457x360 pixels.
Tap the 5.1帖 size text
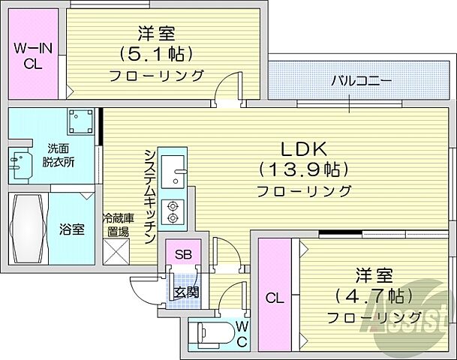click(157, 54)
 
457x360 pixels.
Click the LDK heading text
click(304, 147)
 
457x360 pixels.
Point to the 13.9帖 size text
click(304, 169)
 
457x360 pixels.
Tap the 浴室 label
click(71, 229)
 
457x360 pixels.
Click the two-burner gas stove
click(174, 211)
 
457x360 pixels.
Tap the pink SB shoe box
click(183, 254)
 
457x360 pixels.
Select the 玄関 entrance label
click(186, 292)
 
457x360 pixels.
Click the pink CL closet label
click(275, 298)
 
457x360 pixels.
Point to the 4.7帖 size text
click(371, 295)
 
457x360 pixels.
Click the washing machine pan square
click(77, 124)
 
